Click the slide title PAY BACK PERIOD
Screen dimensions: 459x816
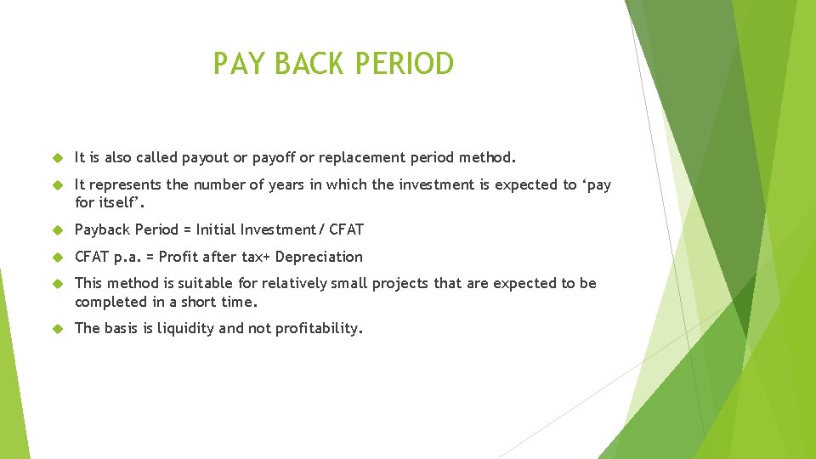(333, 64)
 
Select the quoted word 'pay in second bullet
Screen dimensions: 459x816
(596, 185)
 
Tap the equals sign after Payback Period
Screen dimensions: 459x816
(187, 229)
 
